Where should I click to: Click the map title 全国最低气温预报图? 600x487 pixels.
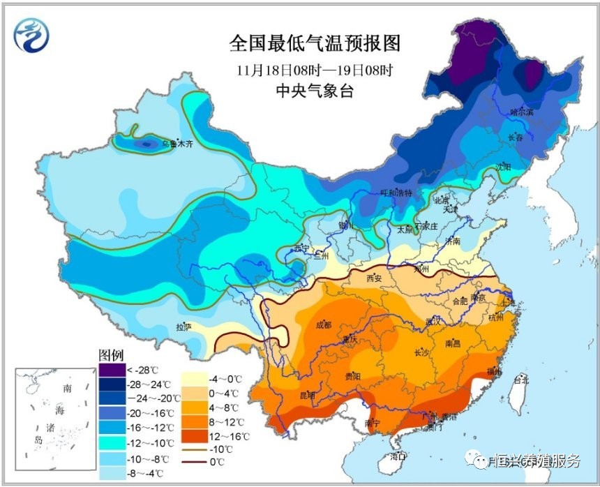coord(315,44)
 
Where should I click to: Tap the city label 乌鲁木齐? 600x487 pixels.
coord(177,143)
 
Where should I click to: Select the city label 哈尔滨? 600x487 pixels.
coord(521,111)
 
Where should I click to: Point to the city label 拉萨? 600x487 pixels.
coord(183,326)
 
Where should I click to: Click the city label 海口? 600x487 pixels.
coord(398,457)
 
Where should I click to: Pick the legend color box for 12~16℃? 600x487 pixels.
coord(195,435)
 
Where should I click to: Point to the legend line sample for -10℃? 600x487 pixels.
coord(195,449)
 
